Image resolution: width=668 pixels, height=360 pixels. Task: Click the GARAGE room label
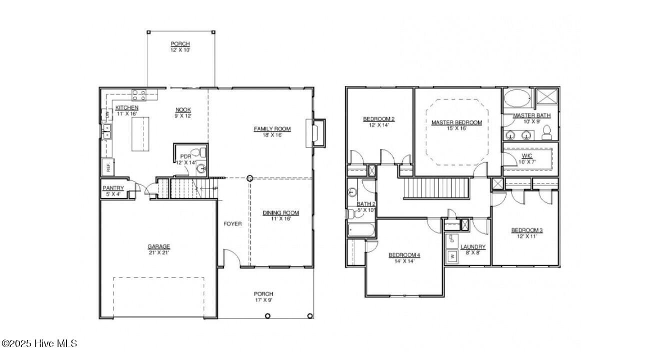coord(158,246)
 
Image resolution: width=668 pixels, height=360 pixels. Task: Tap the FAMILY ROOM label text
coord(272,129)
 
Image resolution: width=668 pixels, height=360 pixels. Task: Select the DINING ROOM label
coord(281,213)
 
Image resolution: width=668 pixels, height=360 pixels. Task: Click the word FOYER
coord(232,224)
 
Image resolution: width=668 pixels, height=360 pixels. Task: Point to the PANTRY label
coord(113,188)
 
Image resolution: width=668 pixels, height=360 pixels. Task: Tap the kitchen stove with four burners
coord(139,94)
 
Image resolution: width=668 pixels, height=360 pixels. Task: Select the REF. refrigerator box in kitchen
coord(107,166)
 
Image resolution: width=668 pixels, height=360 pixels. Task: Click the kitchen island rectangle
coord(140,134)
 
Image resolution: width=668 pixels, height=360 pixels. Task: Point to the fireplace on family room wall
coord(317,133)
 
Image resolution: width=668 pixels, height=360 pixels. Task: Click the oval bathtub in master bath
coord(517,97)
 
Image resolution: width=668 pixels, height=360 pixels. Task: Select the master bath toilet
coord(546,133)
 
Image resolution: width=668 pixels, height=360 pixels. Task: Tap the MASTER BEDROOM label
coord(457,122)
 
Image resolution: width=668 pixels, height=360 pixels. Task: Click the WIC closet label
coord(527,156)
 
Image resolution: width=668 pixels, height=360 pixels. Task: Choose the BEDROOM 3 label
coord(527,230)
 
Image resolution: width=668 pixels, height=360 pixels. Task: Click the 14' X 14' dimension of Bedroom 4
coord(404,261)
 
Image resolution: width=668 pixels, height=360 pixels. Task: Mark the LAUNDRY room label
coord(473,246)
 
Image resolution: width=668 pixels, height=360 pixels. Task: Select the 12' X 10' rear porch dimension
coord(180,50)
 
